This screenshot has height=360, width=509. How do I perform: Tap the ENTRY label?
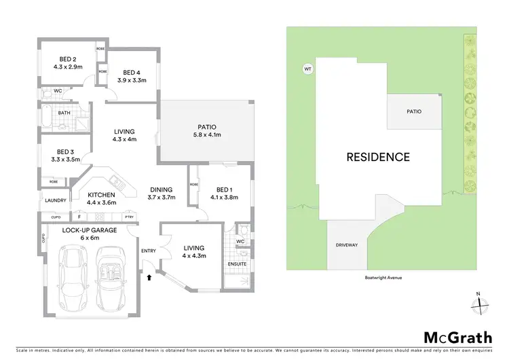pos(148,251)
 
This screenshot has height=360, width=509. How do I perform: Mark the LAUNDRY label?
pos(55,200)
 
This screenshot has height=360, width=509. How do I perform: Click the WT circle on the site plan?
pos(307,69)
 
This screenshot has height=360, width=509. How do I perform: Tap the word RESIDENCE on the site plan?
pos(378,157)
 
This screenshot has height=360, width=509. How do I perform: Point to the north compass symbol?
pos(479,304)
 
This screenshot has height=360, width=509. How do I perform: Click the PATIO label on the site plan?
pos(414,111)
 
